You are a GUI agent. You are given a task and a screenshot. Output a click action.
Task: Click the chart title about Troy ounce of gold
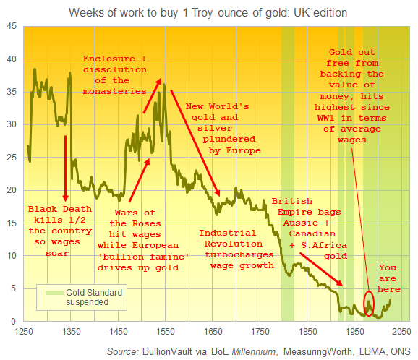click(208, 12)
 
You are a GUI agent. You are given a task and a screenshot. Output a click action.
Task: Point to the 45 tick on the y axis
click(13, 26)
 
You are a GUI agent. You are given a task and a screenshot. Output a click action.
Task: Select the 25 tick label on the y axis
click(13, 158)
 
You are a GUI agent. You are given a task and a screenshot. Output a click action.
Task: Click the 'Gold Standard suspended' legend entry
click(80, 297)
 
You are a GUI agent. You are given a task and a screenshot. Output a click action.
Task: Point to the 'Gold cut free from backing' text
click(356, 90)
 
